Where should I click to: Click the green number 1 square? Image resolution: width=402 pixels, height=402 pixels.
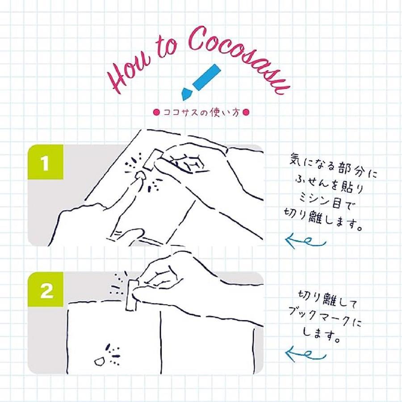46,162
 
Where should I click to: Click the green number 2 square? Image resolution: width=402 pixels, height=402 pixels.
46,289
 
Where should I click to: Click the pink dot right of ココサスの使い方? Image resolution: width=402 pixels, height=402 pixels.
246,112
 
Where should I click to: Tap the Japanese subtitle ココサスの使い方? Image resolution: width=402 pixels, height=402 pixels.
201,112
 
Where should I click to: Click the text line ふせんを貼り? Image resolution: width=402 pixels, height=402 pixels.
329,184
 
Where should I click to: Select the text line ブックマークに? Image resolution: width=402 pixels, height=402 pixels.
325,318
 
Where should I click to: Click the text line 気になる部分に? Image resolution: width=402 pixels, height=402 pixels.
333,165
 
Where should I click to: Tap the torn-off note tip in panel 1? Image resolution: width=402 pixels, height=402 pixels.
141,176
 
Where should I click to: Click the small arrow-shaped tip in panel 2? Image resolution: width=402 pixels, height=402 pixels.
99,361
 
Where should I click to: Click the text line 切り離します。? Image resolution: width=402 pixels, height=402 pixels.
323,219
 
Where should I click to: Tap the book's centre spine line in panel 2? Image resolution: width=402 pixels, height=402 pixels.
161,342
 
